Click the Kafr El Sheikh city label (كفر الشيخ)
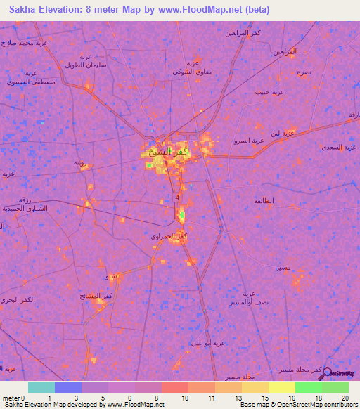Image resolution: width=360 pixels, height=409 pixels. coord(163,152)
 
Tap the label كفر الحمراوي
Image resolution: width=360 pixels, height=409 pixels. coord(169,236)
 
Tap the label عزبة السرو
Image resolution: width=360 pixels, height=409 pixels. coord(250,141)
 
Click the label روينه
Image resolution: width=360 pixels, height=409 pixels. coord(81,163)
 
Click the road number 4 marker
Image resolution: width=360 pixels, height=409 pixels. coord(178,198)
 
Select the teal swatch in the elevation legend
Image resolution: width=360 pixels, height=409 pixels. coord(41,387)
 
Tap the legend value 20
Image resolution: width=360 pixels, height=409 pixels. coord(345,399)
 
